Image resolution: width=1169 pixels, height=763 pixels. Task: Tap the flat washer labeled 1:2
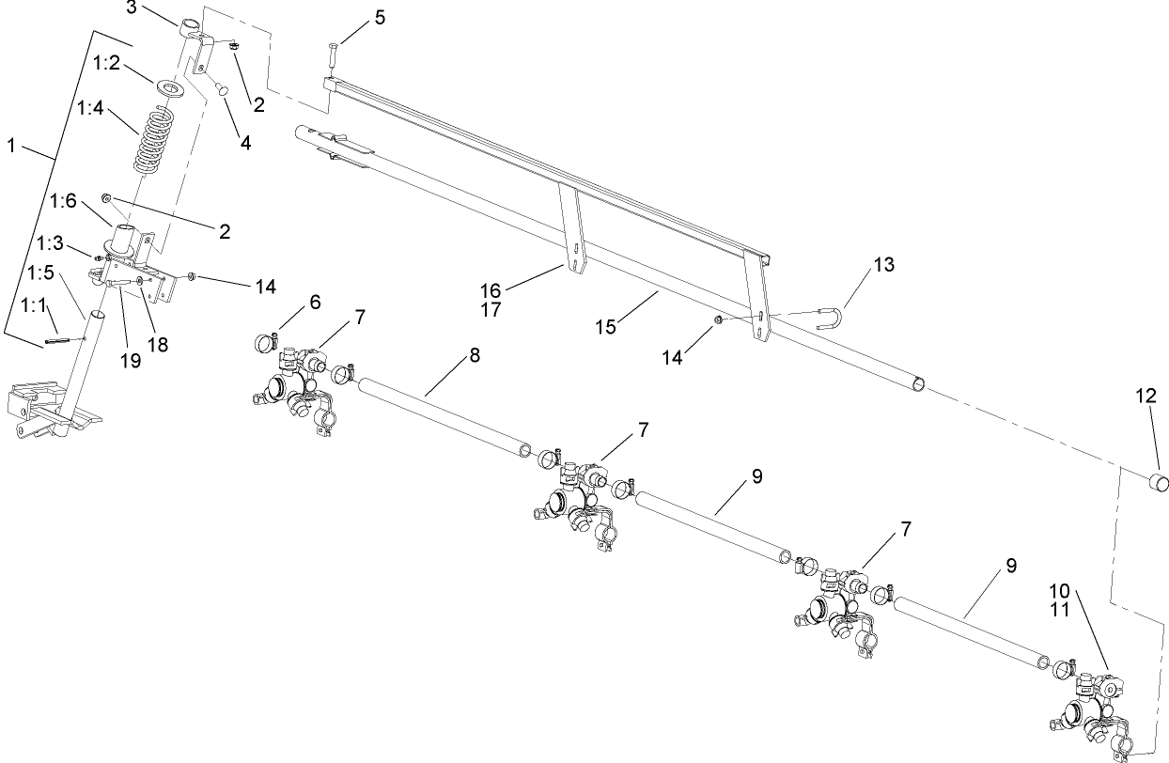pos(172,87)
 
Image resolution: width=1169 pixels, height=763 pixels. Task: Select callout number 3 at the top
pos(132,8)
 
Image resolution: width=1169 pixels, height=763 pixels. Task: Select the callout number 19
pos(131,360)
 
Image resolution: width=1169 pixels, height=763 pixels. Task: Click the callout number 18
pos(158,345)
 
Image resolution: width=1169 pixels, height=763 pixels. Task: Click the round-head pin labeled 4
pos(223,88)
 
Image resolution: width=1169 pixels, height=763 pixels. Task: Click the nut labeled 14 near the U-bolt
pos(718,320)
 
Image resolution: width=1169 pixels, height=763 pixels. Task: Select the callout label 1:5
pos(39,272)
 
